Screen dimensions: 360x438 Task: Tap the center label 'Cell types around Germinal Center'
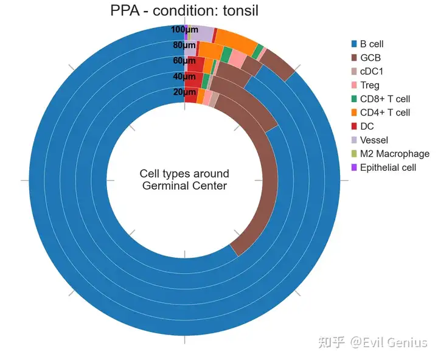pyautogui.click(x=184, y=180)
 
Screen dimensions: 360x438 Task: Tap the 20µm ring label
pyautogui.click(x=184, y=92)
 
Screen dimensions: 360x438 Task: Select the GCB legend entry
pyautogui.click(x=371, y=58)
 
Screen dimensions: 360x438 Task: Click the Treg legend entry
pyautogui.click(x=369, y=85)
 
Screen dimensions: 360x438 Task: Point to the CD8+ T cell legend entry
pyautogui.click(x=384, y=99)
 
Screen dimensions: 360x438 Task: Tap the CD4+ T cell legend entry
pyautogui.click(x=384, y=112)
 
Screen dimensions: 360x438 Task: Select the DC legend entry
pyautogui.click(x=366, y=126)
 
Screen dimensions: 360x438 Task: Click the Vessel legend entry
pyautogui.click(x=374, y=140)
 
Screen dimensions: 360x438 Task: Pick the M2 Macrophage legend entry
pyautogui.click(x=394, y=154)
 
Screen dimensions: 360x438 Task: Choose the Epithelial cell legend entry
pyautogui.click(x=388, y=167)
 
